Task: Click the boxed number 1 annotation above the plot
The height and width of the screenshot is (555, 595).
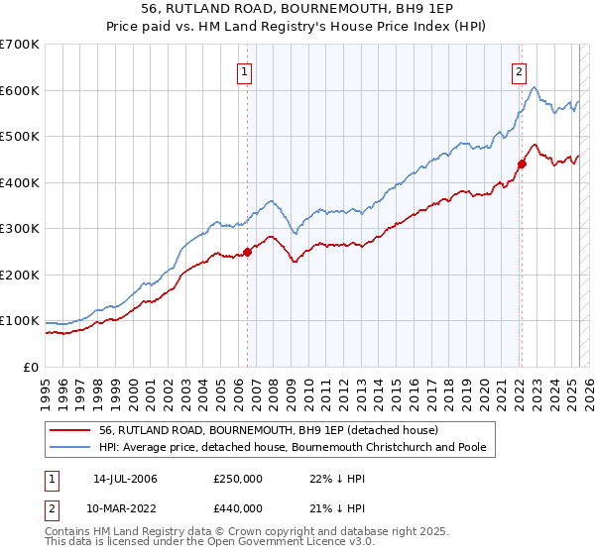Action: (x=244, y=70)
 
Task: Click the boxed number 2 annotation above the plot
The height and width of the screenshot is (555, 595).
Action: (x=519, y=70)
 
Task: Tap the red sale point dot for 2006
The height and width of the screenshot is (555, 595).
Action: (x=247, y=252)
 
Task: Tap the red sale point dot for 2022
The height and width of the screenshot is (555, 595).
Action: (x=522, y=165)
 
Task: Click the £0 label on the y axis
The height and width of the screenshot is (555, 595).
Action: (x=30, y=367)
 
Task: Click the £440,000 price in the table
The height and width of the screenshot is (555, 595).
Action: (x=238, y=508)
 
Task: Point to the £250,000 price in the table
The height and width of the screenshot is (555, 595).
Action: (x=238, y=479)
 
